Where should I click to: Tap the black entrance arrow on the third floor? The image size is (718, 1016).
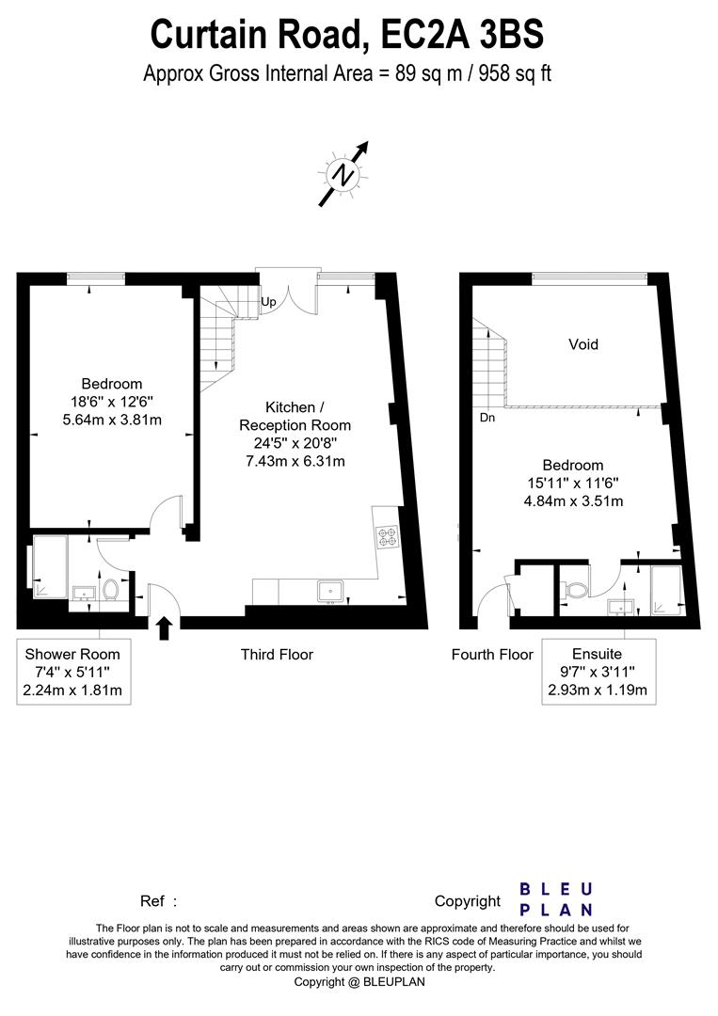coord(164,627)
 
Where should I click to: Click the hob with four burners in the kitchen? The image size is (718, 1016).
coord(386,538)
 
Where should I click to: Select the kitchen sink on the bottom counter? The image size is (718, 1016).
coord(330,591)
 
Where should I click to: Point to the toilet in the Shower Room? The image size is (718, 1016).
coord(110,590)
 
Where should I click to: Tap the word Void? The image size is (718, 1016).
coord(582,344)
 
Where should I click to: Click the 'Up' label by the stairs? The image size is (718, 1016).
coord(268,303)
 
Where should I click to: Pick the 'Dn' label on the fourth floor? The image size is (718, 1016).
coord(487,417)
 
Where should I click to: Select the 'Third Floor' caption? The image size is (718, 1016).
coord(277,654)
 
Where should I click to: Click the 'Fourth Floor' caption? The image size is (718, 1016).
coord(492,654)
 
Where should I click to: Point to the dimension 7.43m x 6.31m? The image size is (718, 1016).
coord(295,461)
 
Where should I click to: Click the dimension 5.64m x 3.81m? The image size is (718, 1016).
coord(111,420)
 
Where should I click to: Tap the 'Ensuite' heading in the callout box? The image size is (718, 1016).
coord(598,654)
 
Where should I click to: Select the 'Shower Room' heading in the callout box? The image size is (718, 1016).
coord(72,654)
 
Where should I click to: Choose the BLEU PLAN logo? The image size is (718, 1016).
coord(556,898)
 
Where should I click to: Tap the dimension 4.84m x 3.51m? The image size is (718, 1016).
coord(572,500)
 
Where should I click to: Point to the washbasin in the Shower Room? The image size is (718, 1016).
coord(83,593)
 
